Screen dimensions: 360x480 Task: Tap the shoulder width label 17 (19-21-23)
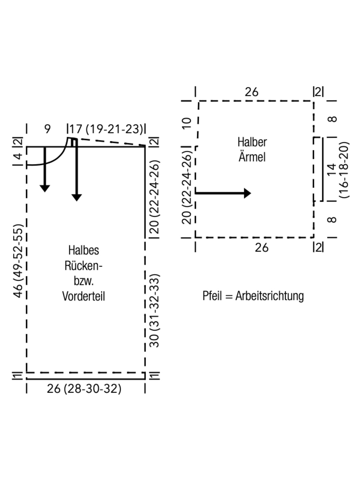click(106, 129)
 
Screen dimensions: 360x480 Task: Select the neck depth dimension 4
click(18, 156)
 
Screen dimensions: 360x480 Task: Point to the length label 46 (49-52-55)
click(18, 261)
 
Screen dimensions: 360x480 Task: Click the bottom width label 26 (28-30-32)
click(84, 389)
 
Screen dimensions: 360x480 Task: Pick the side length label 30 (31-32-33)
click(154, 311)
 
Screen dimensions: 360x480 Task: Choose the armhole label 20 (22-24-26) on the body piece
click(154, 197)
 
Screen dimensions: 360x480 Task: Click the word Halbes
click(83, 250)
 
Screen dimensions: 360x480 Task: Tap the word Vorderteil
click(83, 296)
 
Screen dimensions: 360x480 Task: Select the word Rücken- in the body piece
click(83, 266)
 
